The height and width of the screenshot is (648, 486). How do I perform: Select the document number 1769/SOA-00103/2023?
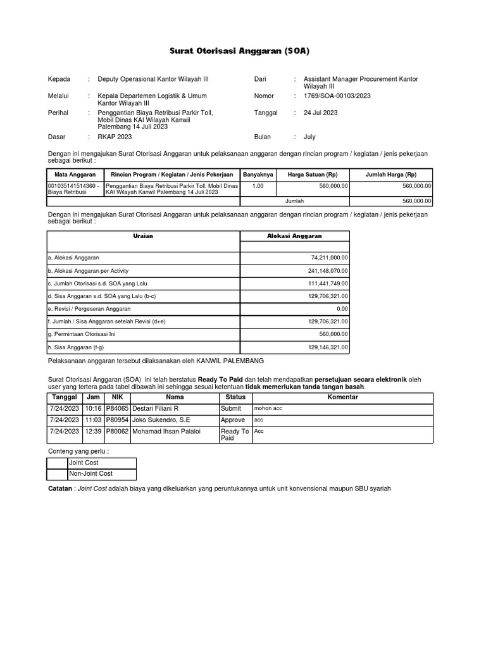tap(337, 96)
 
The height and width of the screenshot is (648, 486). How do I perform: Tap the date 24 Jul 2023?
tap(321, 113)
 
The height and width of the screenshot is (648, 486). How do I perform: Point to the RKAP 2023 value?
tap(115, 137)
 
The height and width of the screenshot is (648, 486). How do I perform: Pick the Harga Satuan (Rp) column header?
tap(313, 174)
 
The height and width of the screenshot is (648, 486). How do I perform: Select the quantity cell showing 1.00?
tap(258, 186)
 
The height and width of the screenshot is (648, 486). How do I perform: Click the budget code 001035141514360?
tap(72, 186)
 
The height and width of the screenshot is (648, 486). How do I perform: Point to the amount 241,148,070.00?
tap(325, 271)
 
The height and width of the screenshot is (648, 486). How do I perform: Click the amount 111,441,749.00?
tap(325, 283)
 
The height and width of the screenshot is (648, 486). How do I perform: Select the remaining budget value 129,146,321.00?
tap(325, 347)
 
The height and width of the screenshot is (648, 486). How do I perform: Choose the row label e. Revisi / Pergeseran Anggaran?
tap(89, 309)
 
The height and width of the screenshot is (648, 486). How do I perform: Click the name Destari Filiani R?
tap(154, 409)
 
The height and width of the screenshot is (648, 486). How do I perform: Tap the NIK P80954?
tap(116, 420)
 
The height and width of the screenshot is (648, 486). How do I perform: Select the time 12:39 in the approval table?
tap(94, 432)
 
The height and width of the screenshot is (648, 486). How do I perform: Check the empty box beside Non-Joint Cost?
tap(58, 474)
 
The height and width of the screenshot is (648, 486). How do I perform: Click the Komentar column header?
tap(342, 397)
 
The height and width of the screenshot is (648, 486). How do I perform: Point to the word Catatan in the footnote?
tap(60, 489)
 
